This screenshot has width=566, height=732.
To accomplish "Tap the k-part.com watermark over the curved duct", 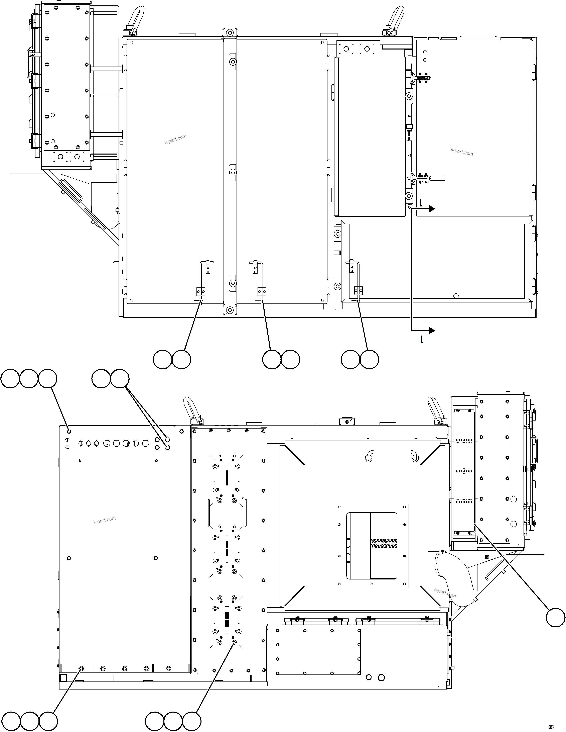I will [445, 592].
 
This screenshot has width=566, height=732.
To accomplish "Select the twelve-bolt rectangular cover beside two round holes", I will [318, 652].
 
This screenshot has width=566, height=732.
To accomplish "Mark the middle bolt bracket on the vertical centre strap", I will [232, 173].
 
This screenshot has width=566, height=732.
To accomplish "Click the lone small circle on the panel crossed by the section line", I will [455, 296].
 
